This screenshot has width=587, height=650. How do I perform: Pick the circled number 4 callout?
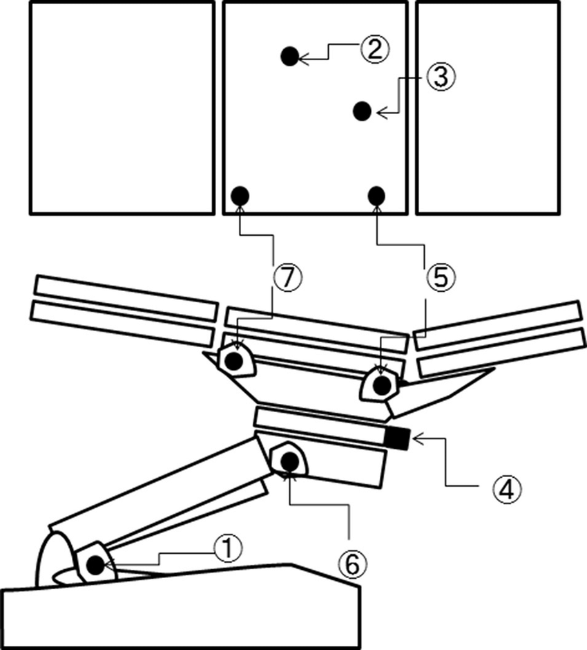tap(507, 489)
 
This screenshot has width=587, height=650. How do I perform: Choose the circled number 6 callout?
tap(352, 565)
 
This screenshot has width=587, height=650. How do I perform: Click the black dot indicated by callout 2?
tap(290, 56)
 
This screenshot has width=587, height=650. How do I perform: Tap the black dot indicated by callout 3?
tap(362, 111)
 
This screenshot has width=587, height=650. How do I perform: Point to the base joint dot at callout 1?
tap(95, 565)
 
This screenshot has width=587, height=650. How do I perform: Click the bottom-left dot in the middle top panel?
tap(240, 196)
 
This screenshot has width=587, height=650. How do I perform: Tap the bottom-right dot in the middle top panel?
tap(376, 196)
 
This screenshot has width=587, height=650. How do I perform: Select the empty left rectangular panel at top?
tap(122, 107)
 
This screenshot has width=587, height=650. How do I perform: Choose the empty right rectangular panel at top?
tap(488, 107)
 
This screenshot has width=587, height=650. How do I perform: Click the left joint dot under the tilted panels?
tap(235, 360)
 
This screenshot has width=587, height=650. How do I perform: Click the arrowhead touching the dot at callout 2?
tap(303, 60)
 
